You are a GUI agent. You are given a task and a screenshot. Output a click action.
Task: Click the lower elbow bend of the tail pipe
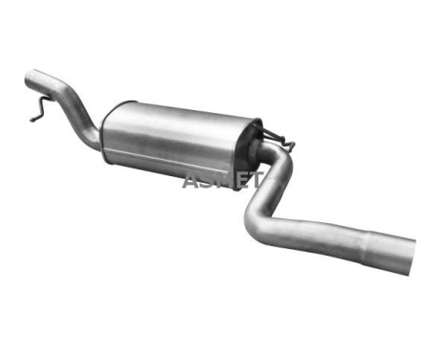[257, 225]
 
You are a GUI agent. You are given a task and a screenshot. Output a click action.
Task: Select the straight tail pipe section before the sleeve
[316, 234]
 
